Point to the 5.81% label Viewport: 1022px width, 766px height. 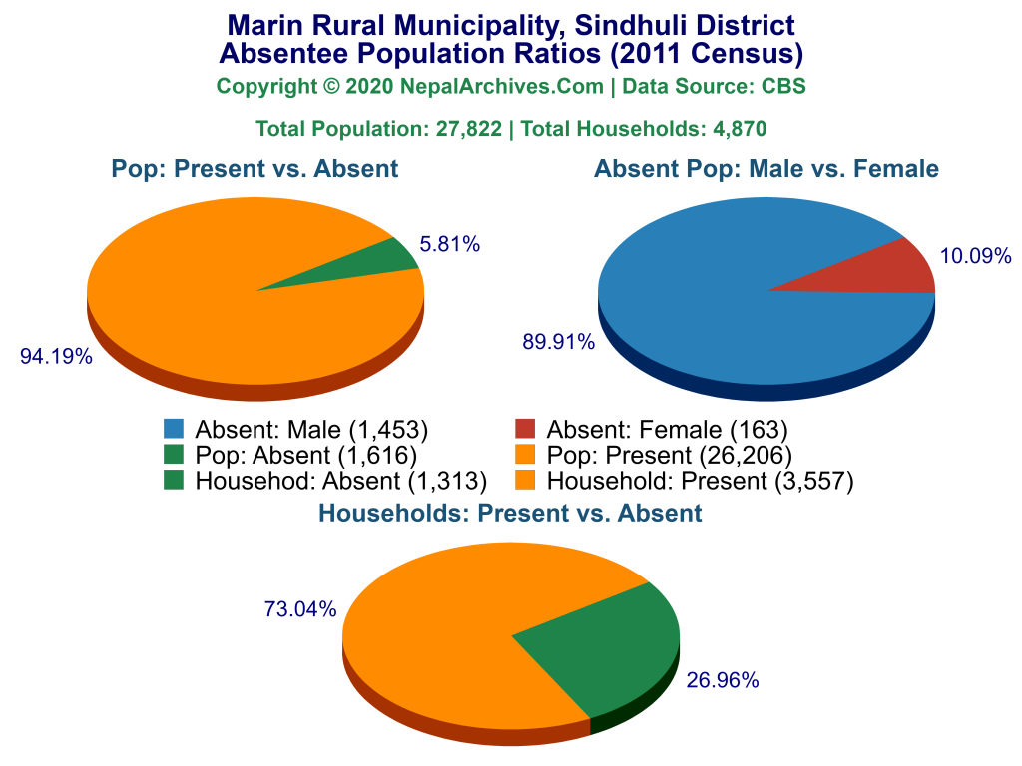450,243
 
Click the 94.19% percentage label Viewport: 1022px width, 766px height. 56,356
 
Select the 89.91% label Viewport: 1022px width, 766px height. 558,342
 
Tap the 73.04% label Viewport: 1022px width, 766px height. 300,609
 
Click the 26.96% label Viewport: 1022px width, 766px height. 723,681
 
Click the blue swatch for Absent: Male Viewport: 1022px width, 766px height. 175,430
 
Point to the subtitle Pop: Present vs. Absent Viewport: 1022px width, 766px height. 255,169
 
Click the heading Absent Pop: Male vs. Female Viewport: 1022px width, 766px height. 766,169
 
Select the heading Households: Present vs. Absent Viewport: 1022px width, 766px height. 511,514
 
